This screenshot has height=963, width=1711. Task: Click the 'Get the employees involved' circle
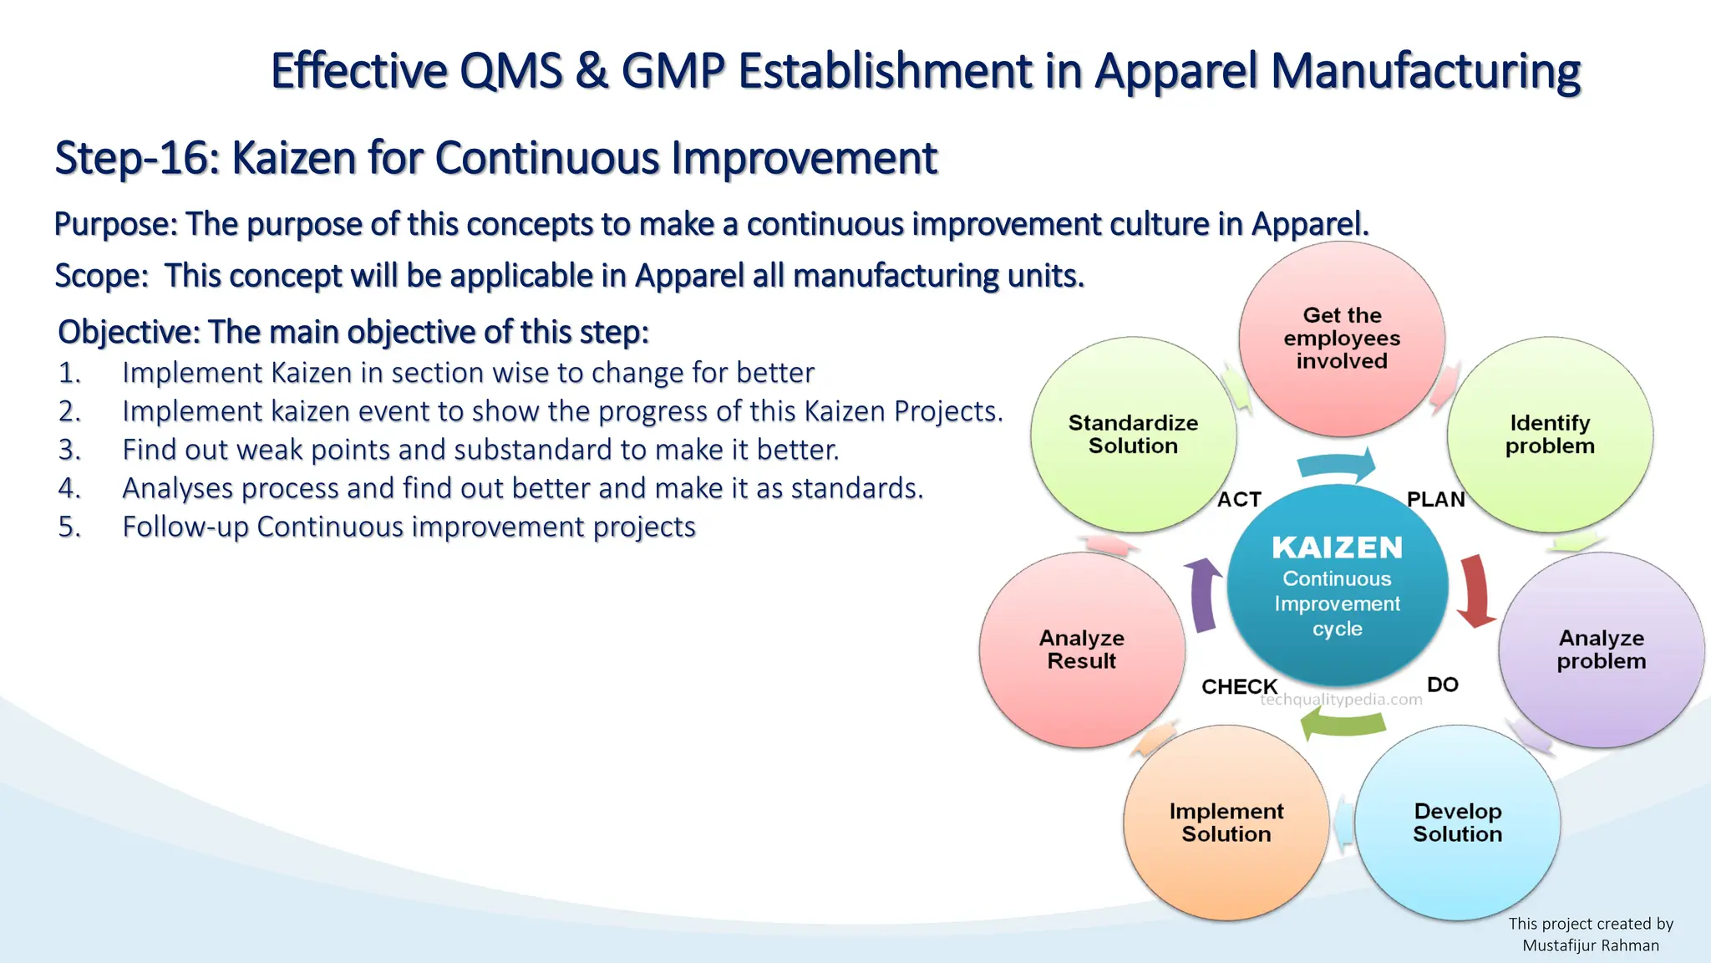tap(1342, 339)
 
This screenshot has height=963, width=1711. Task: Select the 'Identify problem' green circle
tap(1550, 435)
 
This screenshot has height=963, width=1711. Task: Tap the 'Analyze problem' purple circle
tap(1602, 650)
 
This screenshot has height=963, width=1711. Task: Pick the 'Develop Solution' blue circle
tap(1457, 823)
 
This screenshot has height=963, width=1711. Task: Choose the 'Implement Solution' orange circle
tap(1226, 823)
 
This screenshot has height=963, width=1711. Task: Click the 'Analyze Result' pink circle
tap(1082, 650)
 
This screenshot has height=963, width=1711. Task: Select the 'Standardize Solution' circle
tap(1133, 435)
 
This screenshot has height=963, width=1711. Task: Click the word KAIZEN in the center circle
tap(1337, 548)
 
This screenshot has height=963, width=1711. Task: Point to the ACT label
tap(1239, 500)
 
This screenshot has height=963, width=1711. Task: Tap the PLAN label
tap(1435, 500)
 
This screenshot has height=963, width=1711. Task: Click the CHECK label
tap(1239, 686)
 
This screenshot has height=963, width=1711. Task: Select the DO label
tap(1443, 685)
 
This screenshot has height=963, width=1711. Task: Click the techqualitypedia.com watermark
tap(1341, 701)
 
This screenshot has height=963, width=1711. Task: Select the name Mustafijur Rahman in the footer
tap(1591, 945)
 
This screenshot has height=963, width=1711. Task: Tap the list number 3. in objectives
tap(69, 450)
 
